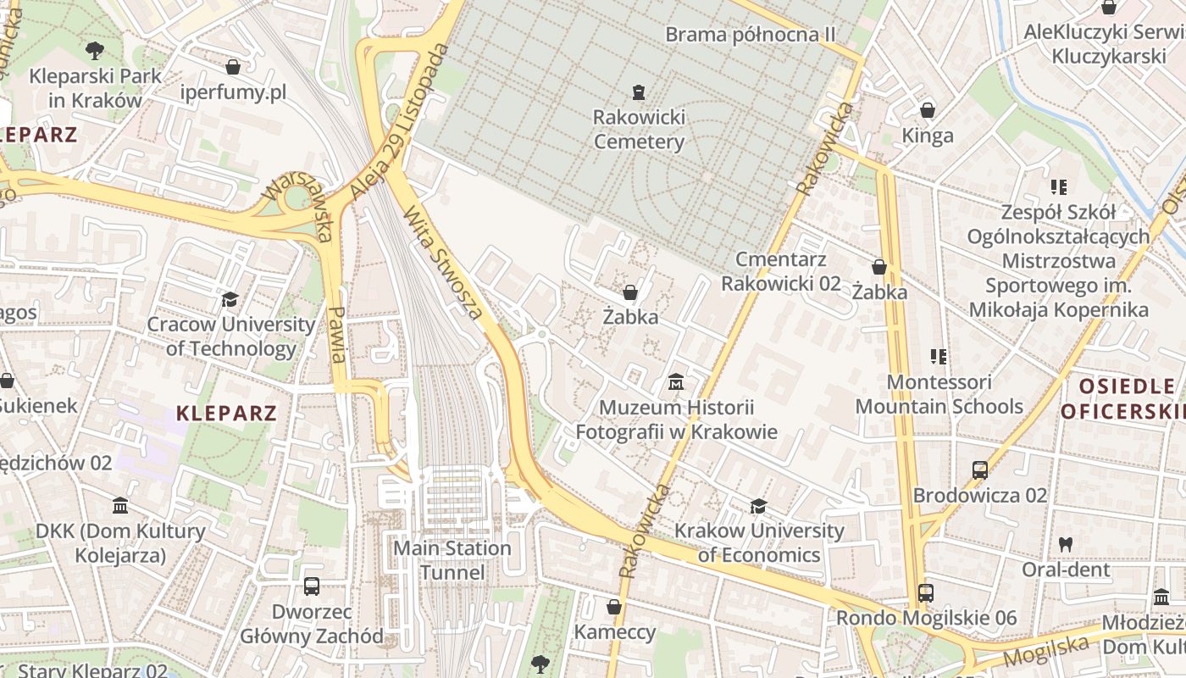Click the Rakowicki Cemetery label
[x=639, y=129]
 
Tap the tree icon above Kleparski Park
[x=94, y=50]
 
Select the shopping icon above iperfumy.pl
[x=233, y=66]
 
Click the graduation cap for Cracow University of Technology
[x=230, y=299]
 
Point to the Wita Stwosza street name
[x=444, y=262]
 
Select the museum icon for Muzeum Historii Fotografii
[x=676, y=382]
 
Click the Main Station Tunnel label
[x=452, y=560]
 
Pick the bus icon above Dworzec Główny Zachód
[x=311, y=586]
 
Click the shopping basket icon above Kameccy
[x=614, y=607]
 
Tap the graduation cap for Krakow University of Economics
[x=758, y=506]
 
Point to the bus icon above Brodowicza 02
[x=980, y=470]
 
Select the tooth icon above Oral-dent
[x=1066, y=544]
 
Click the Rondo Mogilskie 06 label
[x=926, y=618]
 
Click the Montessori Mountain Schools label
[x=939, y=394]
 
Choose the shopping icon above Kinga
[x=928, y=110]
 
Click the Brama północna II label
[x=750, y=35]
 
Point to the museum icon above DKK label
[x=120, y=505]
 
